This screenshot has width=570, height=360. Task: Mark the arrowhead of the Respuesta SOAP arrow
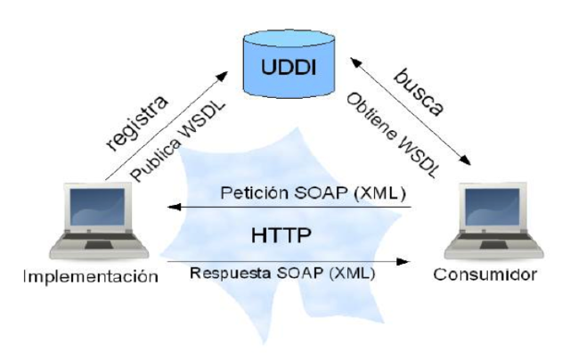406,262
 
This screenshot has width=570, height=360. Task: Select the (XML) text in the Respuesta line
353,273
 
